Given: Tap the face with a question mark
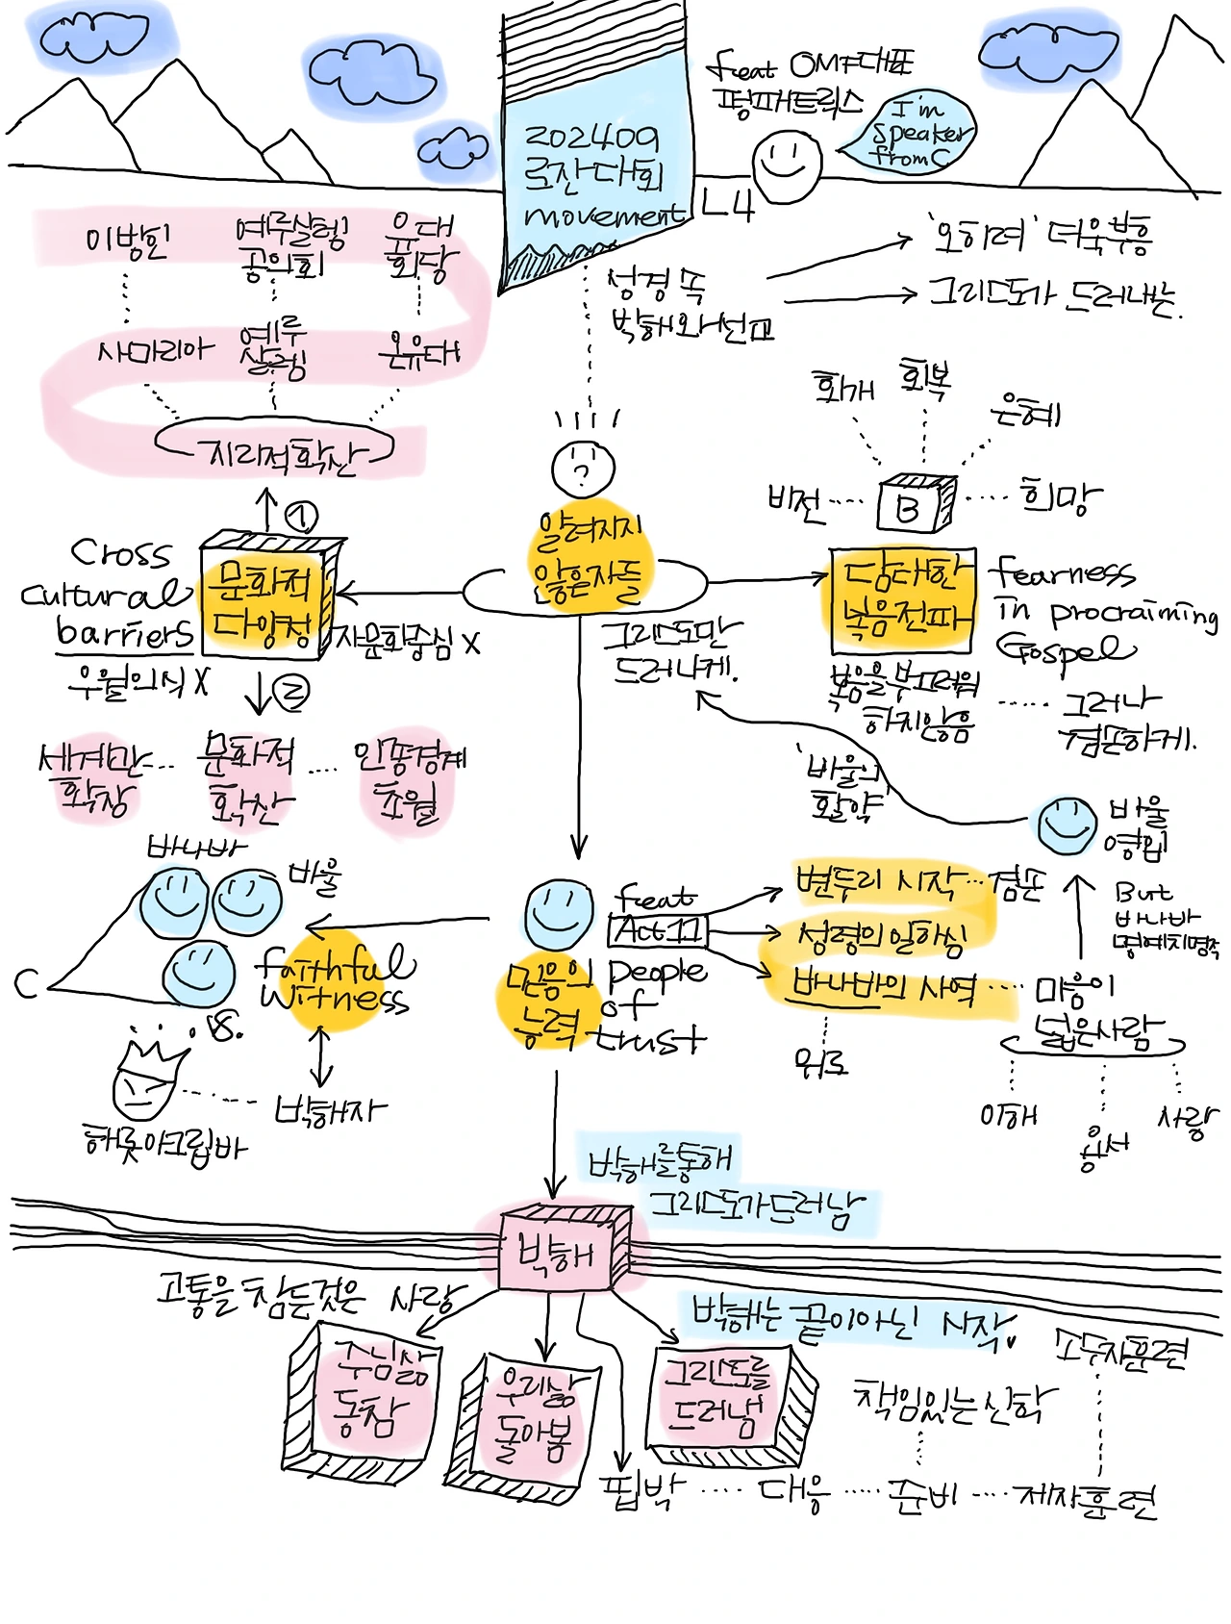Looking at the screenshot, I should (583, 469).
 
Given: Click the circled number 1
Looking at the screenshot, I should (301, 518).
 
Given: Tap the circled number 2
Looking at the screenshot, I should (292, 693).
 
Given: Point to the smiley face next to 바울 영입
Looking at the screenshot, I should (1066, 825).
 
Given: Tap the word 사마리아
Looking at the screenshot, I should (154, 351).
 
